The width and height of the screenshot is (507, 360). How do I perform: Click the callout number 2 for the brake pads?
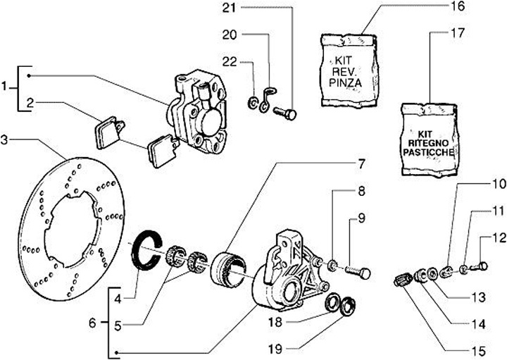(x=28, y=104)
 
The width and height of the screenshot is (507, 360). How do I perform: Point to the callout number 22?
(x=227, y=62)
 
